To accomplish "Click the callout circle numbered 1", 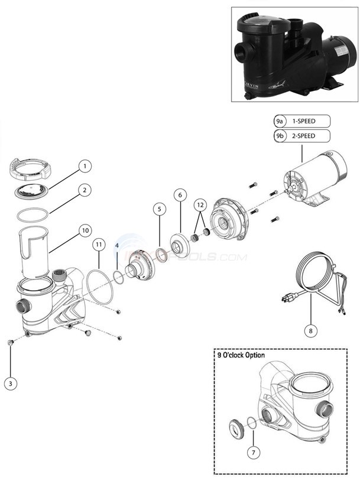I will pos(85,166).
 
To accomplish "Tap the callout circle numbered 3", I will pos(10,383).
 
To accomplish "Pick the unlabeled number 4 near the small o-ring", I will pos(117,245).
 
